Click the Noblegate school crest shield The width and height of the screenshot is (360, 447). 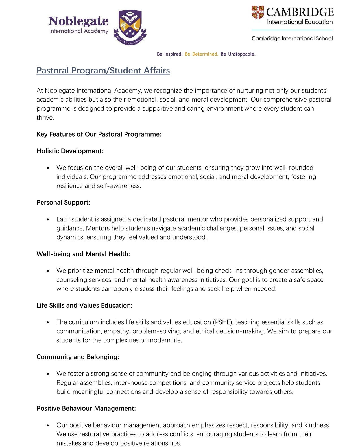coord(130,27)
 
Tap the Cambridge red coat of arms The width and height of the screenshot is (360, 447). coord(258,13)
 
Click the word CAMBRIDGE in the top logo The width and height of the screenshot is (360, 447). coord(300,12)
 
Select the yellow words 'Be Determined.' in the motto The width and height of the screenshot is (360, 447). coord(202,54)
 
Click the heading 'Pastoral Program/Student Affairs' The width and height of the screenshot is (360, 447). coord(103,70)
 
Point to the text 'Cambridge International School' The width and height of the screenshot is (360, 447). coord(292,38)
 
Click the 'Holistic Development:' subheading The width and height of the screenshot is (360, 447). coord(70,151)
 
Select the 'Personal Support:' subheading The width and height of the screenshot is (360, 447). coord(63,202)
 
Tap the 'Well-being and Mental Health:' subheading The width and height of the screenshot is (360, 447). coord(83,254)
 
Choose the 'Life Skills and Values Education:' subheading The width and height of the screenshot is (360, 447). coord(84,305)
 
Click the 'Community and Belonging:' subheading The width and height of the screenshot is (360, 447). coord(78,357)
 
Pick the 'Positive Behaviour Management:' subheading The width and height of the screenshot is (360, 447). coord(86,408)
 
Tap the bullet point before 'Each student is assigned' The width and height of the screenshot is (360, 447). coord(48,220)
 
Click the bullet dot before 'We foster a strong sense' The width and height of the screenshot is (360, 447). coord(48,374)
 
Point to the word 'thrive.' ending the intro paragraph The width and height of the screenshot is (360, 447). coord(45,118)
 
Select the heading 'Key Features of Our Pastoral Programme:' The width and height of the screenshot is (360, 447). coord(99,134)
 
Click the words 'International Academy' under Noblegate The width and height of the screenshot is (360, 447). coord(78,31)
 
